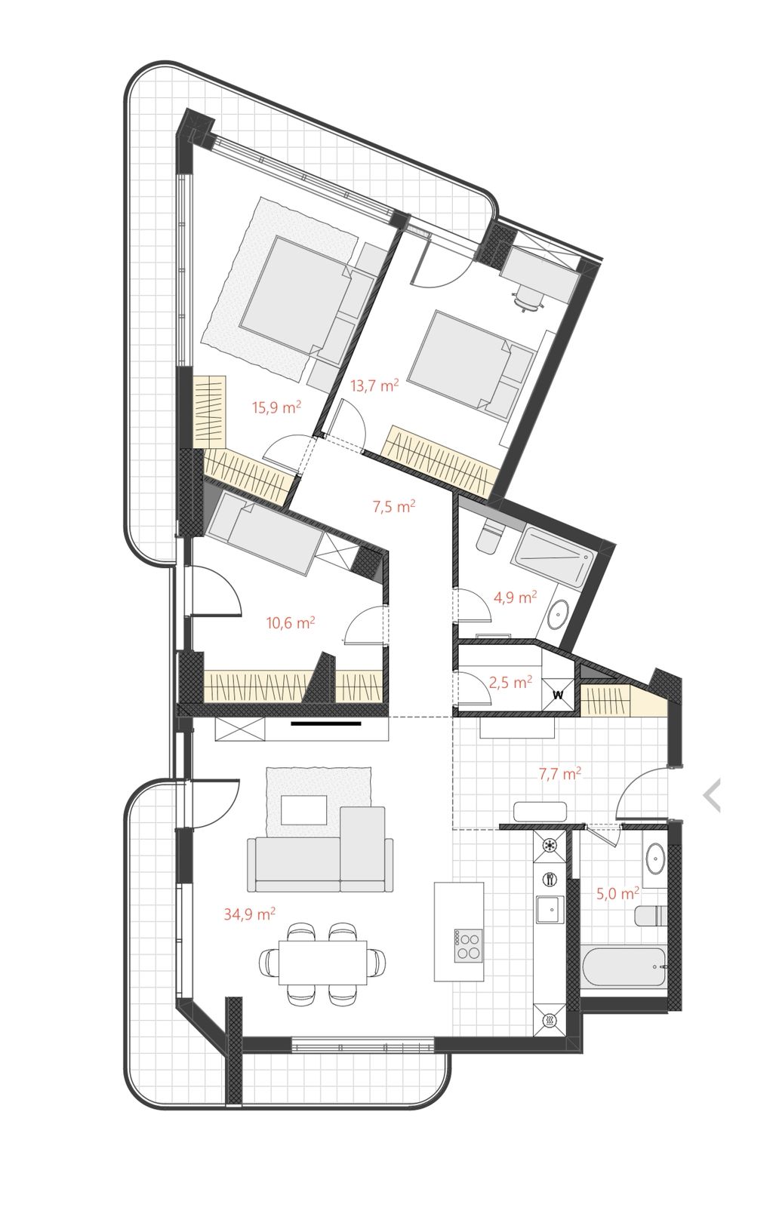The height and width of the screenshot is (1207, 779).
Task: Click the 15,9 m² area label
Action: pyautogui.click(x=276, y=407)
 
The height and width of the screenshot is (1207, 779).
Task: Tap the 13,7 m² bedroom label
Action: pyautogui.click(x=374, y=385)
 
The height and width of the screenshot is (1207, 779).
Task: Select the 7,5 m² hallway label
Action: pyautogui.click(x=394, y=506)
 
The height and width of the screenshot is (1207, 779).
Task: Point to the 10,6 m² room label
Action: pyautogui.click(x=291, y=623)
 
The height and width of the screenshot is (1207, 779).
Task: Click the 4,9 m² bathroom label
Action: pyautogui.click(x=516, y=597)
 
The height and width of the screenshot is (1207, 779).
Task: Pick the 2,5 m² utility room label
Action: pyautogui.click(x=510, y=682)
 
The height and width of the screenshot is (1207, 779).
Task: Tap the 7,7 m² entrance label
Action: pyautogui.click(x=560, y=774)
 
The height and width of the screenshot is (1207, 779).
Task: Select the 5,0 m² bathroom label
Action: pyautogui.click(x=617, y=894)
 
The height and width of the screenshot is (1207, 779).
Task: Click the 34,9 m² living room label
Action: pyautogui.click(x=250, y=914)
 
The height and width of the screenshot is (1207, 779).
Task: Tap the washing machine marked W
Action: pyautogui.click(x=558, y=695)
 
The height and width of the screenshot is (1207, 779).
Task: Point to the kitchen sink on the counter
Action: pyautogui.click(x=550, y=910)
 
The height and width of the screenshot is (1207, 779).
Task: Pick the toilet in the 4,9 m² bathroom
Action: pyautogui.click(x=489, y=536)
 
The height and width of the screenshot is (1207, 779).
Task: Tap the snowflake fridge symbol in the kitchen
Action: pyautogui.click(x=550, y=845)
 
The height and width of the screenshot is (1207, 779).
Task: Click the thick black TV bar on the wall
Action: pyautogui.click(x=325, y=723)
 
